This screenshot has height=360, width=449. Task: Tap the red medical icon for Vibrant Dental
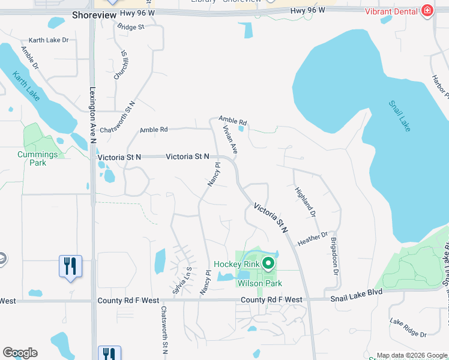pos(427,11)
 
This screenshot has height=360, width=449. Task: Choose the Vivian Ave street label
pos(231,140)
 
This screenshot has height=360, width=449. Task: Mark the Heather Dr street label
pos(313,238)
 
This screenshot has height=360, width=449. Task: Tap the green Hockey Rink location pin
pos(268,263)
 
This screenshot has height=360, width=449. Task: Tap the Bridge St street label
pos(131,27)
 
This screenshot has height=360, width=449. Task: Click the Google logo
pos(20,353)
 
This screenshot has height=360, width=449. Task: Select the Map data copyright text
pos(412,355)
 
